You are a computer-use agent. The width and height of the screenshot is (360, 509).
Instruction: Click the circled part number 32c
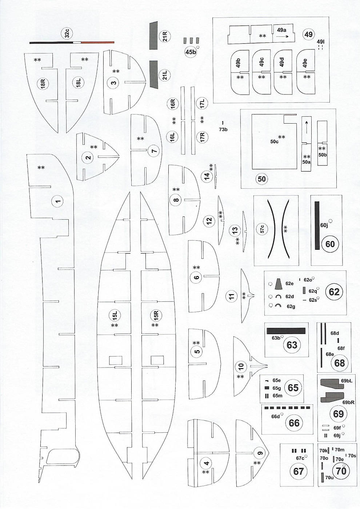tap(67, 34)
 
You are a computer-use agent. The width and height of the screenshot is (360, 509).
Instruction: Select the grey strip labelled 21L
tap(153, 74)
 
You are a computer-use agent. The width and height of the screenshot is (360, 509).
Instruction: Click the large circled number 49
tap(308, 35)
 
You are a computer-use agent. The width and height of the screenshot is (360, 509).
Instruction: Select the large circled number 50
tap(262, 179)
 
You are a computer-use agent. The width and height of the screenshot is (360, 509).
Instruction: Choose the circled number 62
tap(334, 292)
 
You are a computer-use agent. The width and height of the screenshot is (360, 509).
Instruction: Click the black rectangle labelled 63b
tap(286, 331)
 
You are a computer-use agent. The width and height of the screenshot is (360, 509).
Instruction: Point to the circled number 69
tap(338, 414)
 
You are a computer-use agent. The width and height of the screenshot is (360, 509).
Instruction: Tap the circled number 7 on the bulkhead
tap(154, 151)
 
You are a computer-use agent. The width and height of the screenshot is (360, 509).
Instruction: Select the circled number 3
tap(114, 83)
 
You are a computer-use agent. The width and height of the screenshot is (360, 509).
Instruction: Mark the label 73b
tap(223, 129)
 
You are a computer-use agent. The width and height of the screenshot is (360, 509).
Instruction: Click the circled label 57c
tap(262, 229)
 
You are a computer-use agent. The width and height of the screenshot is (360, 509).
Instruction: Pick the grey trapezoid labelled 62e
tap(279, 283)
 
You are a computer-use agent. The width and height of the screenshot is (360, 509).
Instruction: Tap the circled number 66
tap(294, 423)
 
